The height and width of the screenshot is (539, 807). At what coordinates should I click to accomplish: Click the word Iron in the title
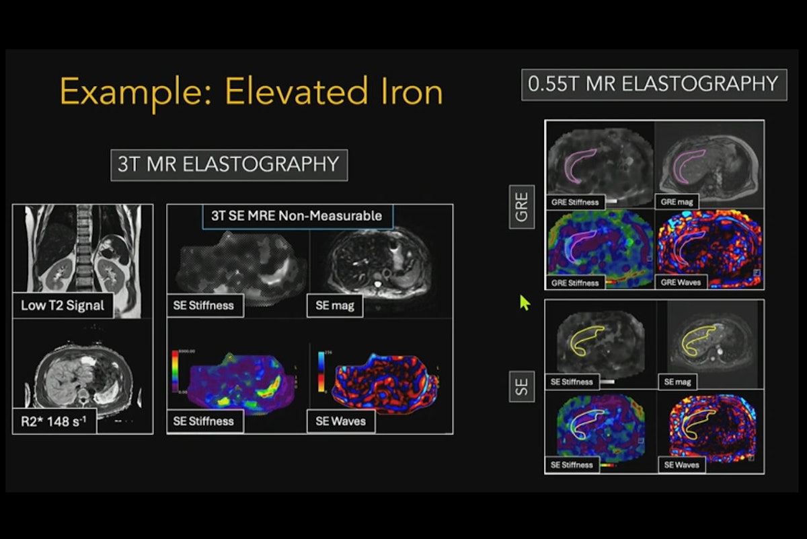point(404,92)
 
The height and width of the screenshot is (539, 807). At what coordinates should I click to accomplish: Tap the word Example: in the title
point(137,92)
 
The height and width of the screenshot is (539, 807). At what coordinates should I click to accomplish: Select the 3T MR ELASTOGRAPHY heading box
point(229,165)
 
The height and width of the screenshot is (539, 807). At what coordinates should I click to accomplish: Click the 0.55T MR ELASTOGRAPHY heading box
point(654,84)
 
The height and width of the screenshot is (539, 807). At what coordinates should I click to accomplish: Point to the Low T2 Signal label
point(63,306)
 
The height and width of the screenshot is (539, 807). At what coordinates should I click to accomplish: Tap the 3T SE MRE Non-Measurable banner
point(297,216)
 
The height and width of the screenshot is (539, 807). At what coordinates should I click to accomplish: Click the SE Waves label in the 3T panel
point(340,421)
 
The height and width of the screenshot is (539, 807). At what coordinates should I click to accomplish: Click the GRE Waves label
point(681,283)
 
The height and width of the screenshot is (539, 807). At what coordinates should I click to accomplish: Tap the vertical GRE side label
point(522,207)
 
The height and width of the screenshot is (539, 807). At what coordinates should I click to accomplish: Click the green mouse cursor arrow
point(525,303)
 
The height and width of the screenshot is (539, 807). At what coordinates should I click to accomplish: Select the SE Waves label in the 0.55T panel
point(681,465)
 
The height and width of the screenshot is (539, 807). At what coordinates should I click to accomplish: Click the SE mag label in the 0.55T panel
point(677,382)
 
